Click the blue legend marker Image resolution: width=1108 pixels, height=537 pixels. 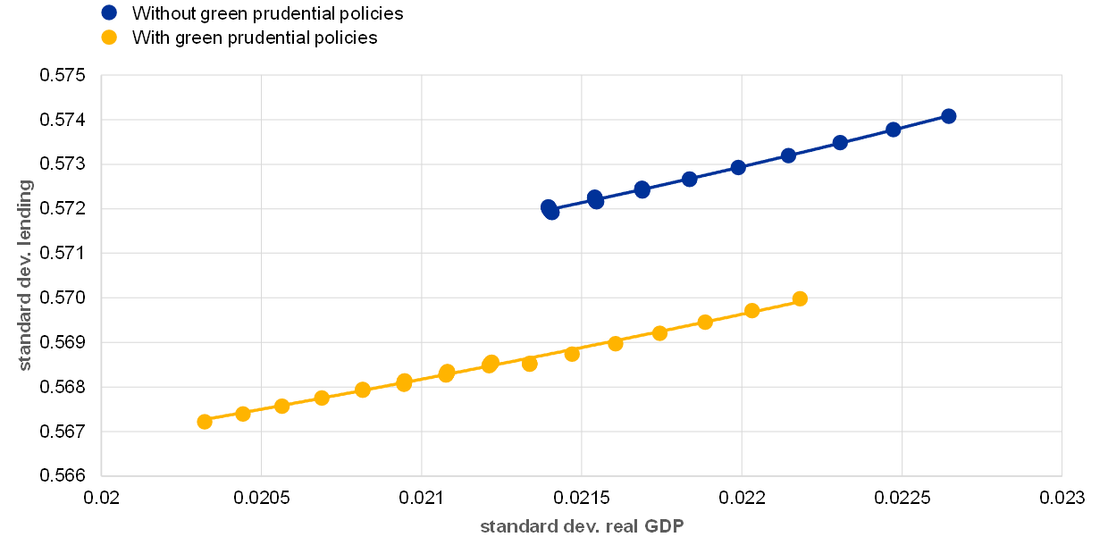109,13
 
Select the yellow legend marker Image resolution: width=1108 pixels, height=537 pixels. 109,38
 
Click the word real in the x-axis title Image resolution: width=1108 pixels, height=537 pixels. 622,526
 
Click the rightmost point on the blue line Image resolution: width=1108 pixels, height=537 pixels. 949,116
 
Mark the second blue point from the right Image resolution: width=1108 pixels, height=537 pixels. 893,130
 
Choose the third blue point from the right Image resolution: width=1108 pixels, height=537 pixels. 840,143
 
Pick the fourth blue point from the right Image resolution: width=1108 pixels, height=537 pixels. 788,155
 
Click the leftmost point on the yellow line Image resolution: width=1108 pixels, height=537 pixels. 205,422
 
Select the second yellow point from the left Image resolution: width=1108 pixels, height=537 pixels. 243,414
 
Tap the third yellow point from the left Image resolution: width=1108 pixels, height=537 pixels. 282,406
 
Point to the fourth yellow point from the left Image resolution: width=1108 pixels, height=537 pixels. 322,398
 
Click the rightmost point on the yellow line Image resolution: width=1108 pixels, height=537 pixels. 800,298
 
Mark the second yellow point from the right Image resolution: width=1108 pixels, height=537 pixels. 752,311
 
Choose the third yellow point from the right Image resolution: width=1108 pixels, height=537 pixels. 705,322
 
